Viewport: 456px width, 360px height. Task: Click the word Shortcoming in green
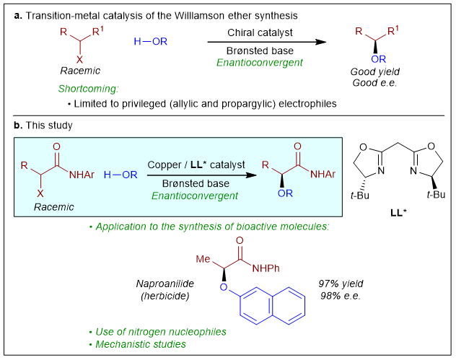point(88,89)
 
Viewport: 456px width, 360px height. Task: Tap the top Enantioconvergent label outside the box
point(260,63)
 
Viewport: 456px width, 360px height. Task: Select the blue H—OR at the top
point(151,42)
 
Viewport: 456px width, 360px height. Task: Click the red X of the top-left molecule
point(79,60)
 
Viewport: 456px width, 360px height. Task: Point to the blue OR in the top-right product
point(379,59)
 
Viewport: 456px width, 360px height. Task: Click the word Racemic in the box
point(53,207)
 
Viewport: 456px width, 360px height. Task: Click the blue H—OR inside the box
point(120,175)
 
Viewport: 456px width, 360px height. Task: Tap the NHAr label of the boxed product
point(323,175)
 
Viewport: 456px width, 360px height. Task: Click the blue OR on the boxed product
point(285,193)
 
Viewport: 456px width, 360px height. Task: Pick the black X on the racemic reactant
point(40,193)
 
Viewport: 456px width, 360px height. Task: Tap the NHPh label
point(266,268)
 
